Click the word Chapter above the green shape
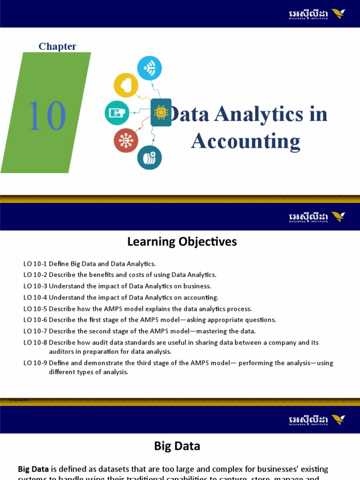tap(57, 46)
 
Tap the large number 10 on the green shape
tap(46, 116)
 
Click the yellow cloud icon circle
tap(126, 85)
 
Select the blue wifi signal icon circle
tap(150, 68)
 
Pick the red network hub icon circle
tap(126, 140)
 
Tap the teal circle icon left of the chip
tap(117, 112)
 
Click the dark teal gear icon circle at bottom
tap(150, 157)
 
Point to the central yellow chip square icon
tap(160, 112)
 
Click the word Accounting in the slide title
tap(246, 141)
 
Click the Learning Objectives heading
tap(182, 242)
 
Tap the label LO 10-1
tap(35, 264)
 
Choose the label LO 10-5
tap(35, 309)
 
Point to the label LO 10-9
tap(35, 363)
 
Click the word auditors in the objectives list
tap(62, 352)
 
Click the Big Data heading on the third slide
tap(177, 446)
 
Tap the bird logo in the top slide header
tap(338, 14)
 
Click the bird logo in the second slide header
tap(338, 217)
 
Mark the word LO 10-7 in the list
tap(35, 331)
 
